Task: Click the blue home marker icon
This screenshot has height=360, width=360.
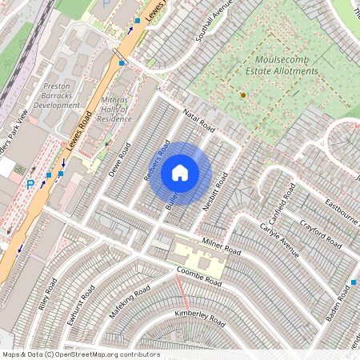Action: [x=180, y=172]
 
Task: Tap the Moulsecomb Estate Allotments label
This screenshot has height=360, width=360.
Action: [x=286, y=65]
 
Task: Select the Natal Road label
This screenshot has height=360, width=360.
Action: [x=200, y=122]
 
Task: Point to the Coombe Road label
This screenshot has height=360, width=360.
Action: [x=199, y=277]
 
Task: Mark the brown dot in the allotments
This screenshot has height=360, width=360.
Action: [x=242, y=95]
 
